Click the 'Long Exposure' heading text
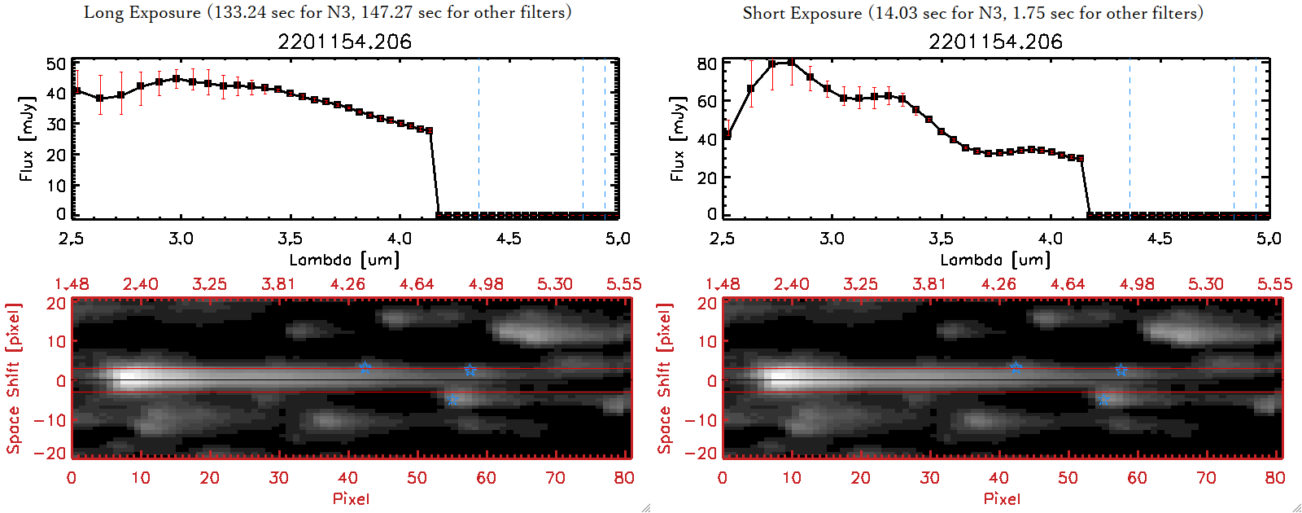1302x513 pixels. click(x=142, y=12)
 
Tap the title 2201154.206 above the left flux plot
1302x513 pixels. click(x=344, y=42)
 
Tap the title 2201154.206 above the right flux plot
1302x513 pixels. click(x=995, y=42)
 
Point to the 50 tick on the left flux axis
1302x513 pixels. click(x=56, y=64)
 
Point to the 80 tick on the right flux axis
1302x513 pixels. click(x=707, y=64)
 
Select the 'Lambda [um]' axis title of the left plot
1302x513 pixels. click(x=344, y=260)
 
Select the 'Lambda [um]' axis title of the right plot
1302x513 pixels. click(x=995, y=260)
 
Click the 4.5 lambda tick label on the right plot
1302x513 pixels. click(x=1160, y=239)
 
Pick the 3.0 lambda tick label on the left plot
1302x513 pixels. click(x=181, y=239)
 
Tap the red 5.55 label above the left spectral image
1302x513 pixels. click(x=623, y=284)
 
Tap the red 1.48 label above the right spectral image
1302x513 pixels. click(x=723, y=284)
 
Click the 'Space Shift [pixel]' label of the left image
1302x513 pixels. click(x=13, y=379)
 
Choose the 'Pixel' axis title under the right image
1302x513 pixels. click(x=1002, y=498)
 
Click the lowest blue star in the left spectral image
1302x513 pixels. click(x=452, y=400)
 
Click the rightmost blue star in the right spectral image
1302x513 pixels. click(x=1121, y=370)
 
